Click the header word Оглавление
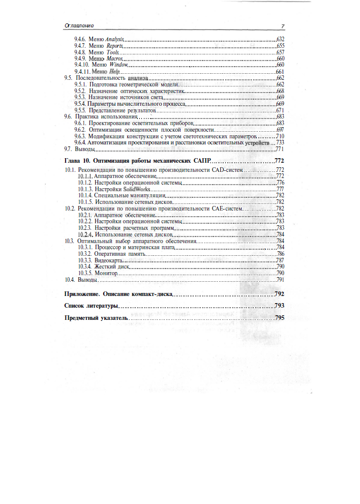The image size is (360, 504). (79, 26)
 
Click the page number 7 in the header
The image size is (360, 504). (282, 26)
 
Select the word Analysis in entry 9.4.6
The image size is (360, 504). (115, 39)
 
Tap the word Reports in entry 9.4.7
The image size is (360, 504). (115, 46)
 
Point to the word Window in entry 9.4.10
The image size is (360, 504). (118, 65)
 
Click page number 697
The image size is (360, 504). (280, 130)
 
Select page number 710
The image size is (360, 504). (280, 136)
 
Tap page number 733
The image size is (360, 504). (280, 143)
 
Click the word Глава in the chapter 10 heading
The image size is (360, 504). (73, 161)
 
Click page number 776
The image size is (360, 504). (280, 183)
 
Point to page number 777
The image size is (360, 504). (280, 189)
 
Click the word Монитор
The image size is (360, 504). (106, 273)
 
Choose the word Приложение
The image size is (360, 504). (82, 294)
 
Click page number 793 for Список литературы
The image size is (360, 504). (279, 306)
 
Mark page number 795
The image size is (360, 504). (279, 318)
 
